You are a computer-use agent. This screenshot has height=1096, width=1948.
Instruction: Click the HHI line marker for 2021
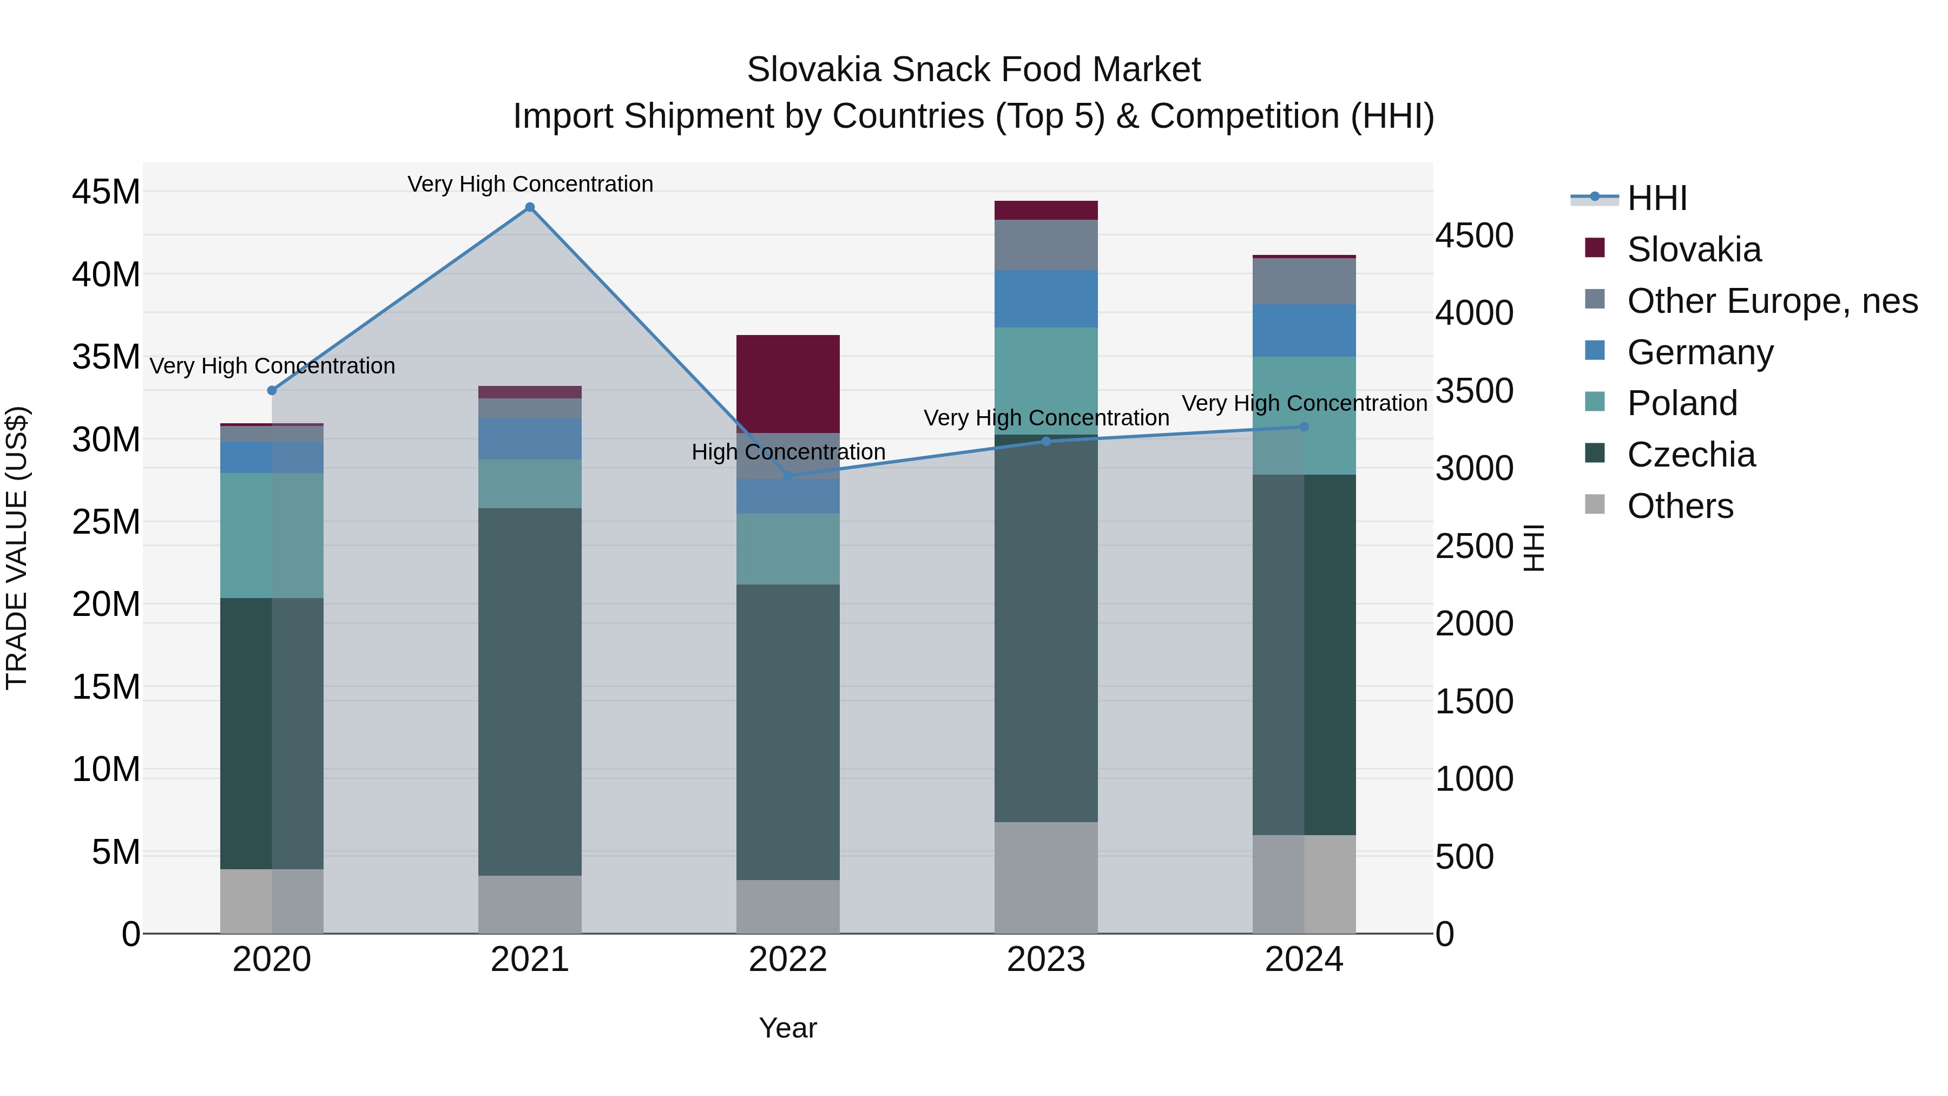point(530,207)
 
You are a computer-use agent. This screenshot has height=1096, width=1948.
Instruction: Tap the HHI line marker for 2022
point(788,476)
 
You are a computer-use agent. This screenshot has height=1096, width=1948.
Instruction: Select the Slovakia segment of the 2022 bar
point(788,384)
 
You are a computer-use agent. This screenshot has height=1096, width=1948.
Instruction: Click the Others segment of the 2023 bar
point(1046,877)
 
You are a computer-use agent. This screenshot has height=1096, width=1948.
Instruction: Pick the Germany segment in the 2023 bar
point(1046,299)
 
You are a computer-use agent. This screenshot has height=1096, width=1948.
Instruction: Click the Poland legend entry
point(1681,403)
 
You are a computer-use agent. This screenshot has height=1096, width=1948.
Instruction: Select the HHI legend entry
point(1656,198)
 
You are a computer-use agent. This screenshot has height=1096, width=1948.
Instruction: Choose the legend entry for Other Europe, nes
point(1772,301)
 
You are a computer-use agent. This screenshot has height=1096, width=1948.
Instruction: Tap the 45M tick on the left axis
point(106,192)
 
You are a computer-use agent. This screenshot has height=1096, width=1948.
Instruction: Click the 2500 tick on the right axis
point(1474,546)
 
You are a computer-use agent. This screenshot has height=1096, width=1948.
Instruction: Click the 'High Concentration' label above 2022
point(788,451)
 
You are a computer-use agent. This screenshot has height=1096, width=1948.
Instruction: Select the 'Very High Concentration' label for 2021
point(530,184)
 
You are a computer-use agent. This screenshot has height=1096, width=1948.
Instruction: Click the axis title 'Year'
point(788,1028)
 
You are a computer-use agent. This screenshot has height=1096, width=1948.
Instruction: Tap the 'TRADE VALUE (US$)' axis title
point(17,548)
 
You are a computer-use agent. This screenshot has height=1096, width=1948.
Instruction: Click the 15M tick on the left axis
point(106,687)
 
